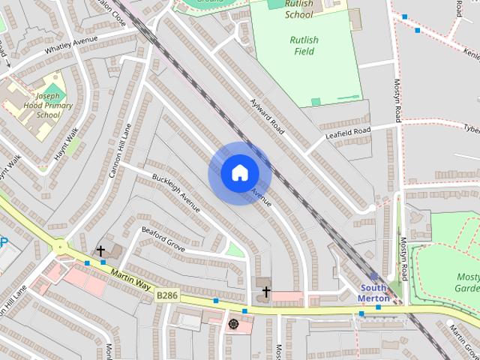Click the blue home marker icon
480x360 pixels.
point(239,173)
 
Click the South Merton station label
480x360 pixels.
point(373,292)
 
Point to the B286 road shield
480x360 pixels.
point(166,296)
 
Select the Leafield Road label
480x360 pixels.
point(348,133)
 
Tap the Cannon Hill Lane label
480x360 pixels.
point(120,150)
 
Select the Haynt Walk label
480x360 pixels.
point(67,144)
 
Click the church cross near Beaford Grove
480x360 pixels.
point(100,250)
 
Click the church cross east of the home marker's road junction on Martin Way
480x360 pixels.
point(265,292)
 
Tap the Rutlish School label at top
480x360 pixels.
point(299,9)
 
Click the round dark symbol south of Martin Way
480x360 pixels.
point(233,324)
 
